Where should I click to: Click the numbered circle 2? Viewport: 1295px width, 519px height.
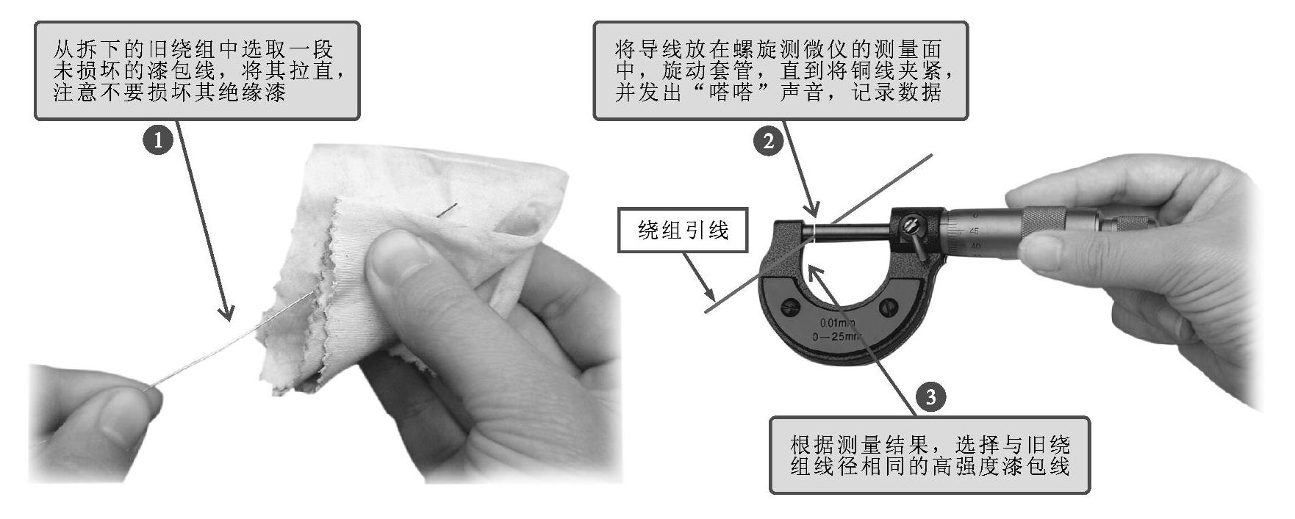pyautogui.click(x=769, y=140)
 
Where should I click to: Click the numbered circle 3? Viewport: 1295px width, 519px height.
pyautogui.click(x=930, y=397)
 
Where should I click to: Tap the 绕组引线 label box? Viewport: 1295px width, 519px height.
pyautogui.click(x=683, y=231)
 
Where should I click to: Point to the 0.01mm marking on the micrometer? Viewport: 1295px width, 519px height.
pyautogui.click(x=839, y=323)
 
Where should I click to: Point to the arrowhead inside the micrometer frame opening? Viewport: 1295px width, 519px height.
pyautogui.click(x=817, y=274)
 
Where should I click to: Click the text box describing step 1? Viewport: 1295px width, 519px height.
pyautogui.click(x=197, y=70)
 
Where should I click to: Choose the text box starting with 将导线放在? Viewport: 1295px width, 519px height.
pyautogui.click(x=781, y=70)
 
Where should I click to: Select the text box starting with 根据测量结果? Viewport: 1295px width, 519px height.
pyautogui.click(x=930, y=456)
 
